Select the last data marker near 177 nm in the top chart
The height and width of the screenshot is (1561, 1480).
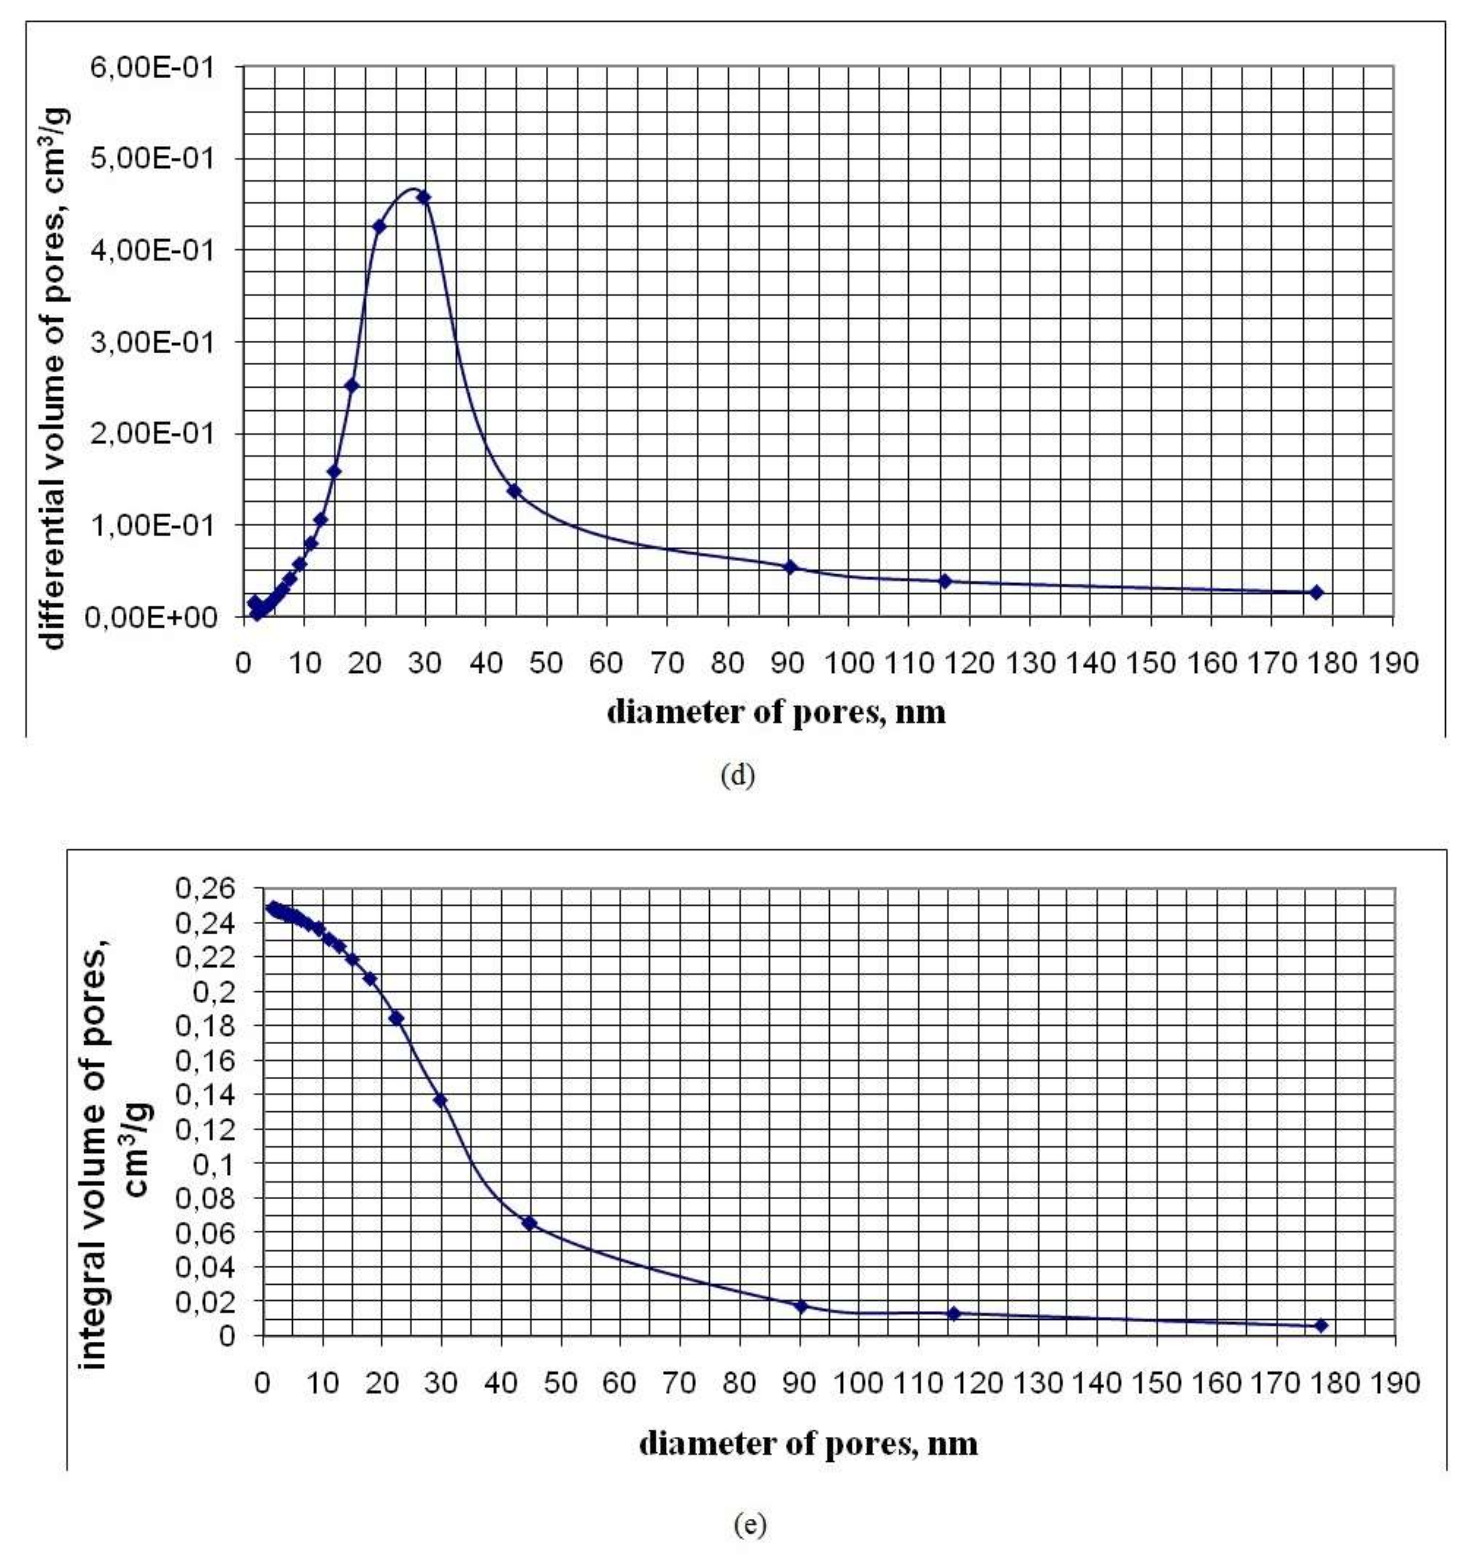click(1316, 592)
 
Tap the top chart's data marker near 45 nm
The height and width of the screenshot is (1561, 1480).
click(515, 490)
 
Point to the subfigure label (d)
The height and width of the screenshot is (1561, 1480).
click(738, 776)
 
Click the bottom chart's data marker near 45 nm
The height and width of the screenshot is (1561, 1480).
click(530, 1223)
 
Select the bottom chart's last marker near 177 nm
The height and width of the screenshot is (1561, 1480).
click(1321, 1326)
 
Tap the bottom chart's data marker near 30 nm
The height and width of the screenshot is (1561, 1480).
click(440, 1100)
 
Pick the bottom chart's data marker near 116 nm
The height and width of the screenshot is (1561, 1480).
click(954, 1313)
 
